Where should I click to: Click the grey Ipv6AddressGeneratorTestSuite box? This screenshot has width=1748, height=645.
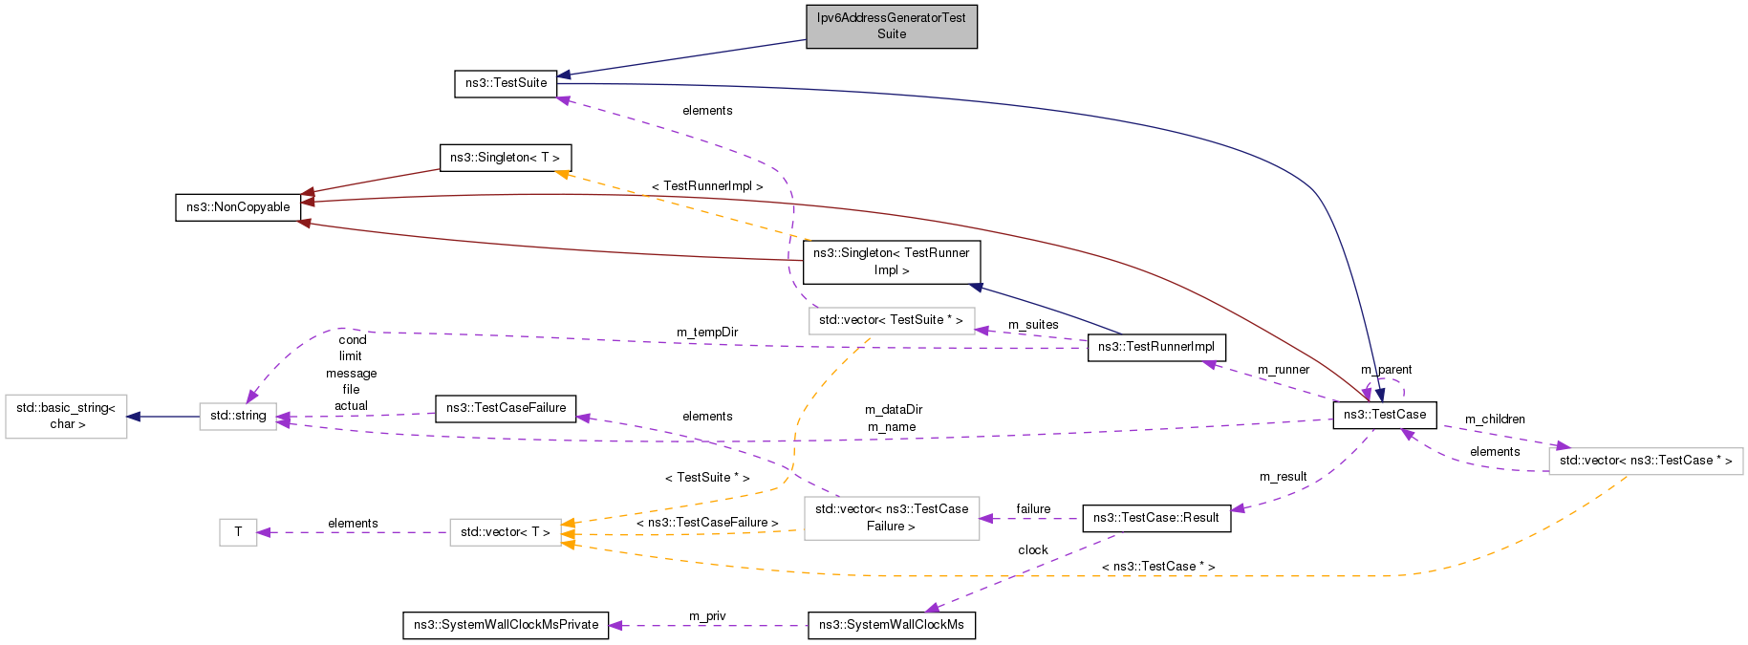891,26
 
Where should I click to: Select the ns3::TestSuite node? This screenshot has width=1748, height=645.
506,83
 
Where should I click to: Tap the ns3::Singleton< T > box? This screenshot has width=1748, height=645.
505,158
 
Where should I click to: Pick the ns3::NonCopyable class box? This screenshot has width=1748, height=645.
238,207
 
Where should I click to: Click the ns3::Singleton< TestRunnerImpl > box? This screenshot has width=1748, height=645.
891,262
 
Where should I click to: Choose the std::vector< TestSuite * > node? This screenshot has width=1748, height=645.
891,320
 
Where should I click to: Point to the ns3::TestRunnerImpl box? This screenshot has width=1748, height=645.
1155,347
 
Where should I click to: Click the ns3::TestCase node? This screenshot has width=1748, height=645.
1384,415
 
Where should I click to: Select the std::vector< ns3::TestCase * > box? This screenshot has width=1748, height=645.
1645,461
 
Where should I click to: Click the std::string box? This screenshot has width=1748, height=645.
238,416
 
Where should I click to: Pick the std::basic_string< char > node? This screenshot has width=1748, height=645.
66,416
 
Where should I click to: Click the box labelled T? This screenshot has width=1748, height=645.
238,532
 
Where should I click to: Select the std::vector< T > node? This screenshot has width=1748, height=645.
505,532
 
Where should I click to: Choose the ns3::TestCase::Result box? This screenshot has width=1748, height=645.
1155,518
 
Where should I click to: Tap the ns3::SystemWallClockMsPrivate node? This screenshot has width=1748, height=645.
506,625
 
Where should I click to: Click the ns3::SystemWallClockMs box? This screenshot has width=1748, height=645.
891,625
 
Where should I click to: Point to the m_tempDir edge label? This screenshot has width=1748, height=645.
707,333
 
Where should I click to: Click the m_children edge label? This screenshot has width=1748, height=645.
1495,419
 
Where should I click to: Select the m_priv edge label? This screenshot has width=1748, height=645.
707,616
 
